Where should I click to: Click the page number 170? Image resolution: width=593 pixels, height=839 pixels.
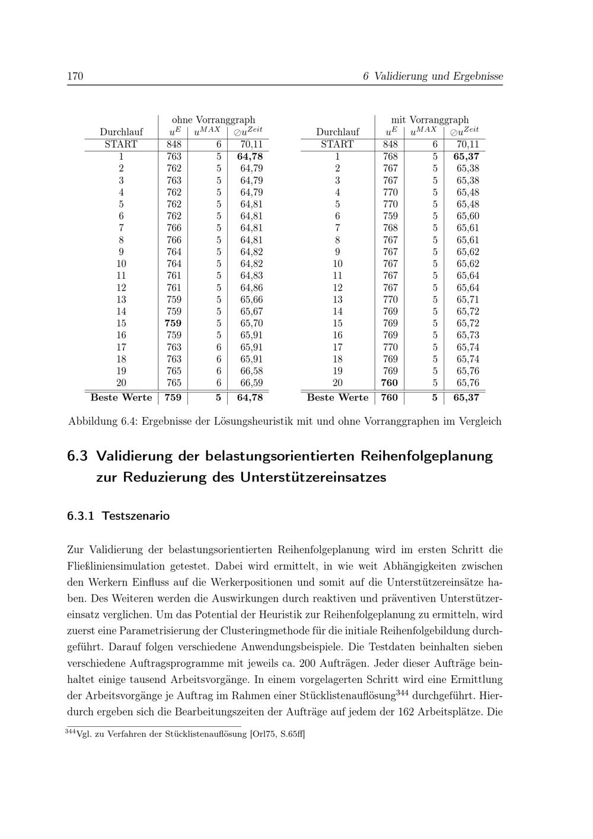75,77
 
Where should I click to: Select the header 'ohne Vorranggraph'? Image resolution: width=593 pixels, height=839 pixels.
213,120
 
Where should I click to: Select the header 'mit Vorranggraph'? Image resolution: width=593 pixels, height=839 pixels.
429,120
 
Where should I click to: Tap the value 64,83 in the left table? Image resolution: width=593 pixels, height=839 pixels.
251,276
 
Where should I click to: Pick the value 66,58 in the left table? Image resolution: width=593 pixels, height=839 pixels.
251,371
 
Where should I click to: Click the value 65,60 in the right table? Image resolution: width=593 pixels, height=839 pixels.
468,216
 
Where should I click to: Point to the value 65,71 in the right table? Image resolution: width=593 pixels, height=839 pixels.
468,300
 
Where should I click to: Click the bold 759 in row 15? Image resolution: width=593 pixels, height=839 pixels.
173,323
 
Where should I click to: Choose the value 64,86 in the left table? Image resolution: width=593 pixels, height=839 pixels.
251,288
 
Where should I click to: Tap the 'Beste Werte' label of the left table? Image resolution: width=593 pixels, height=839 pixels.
121,398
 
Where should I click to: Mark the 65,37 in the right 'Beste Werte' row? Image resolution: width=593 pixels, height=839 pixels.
467,398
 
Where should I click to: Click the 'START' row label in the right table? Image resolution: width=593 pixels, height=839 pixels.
337,144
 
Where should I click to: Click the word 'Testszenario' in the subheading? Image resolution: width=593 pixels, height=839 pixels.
136,516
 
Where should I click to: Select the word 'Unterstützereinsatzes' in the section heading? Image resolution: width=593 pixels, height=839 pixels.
313,477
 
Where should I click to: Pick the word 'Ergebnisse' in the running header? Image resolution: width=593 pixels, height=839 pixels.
478,77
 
